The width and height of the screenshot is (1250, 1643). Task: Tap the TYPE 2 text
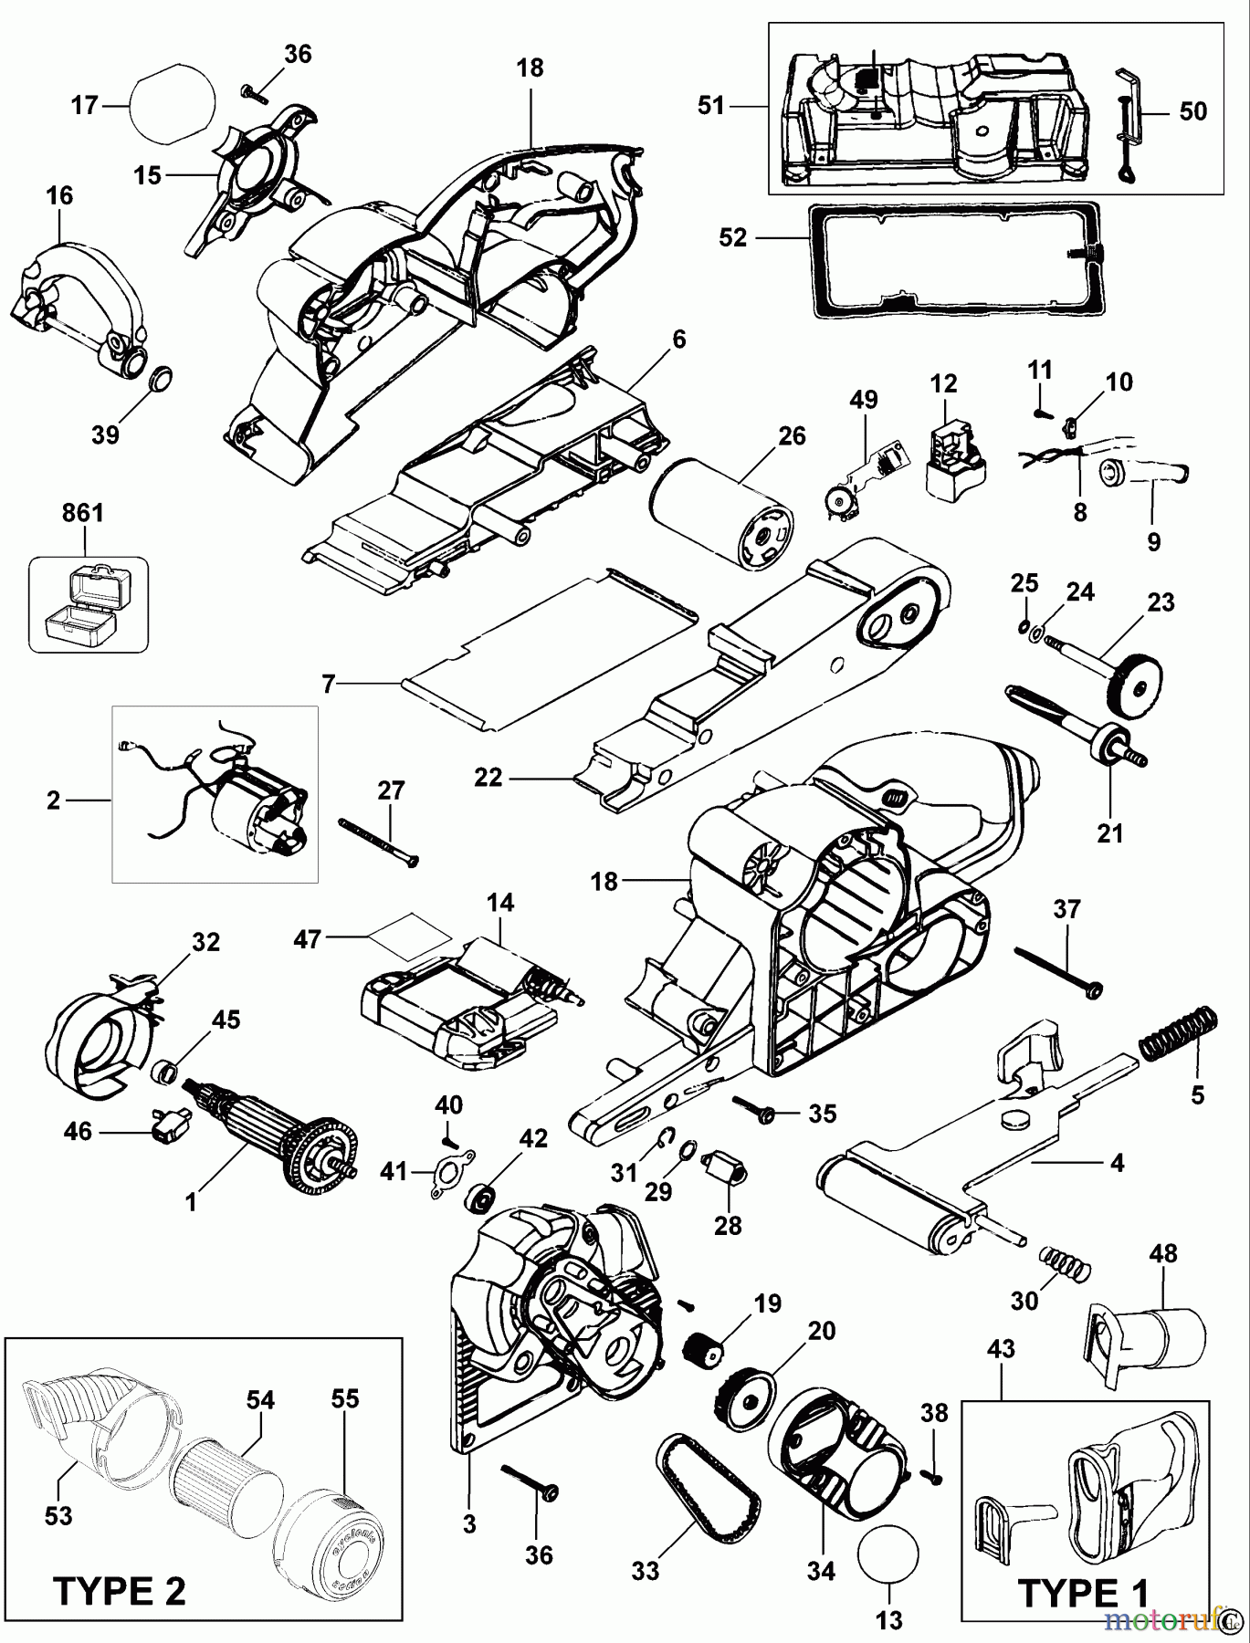coord(120,1593)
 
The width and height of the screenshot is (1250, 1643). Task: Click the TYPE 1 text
coord(1082,1593)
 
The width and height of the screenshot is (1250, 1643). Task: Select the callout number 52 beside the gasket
coord(732,238)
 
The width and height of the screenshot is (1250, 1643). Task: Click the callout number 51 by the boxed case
coord(710,106)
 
